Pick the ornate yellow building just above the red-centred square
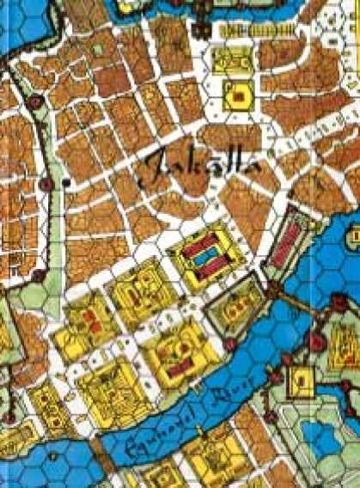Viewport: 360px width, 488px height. [230, 60]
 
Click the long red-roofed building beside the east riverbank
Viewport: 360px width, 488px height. [284, 237]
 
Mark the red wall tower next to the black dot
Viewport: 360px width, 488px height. [46, 184]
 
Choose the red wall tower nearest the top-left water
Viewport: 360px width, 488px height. [35, 102]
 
